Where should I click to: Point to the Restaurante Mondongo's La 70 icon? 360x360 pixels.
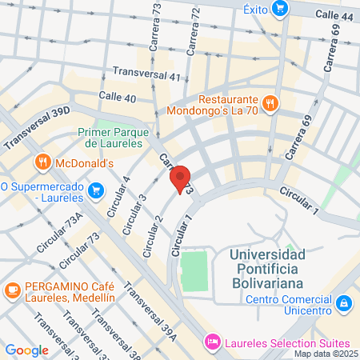[x=270, y=102]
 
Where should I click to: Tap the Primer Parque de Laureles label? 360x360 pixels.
[x=110, y=138]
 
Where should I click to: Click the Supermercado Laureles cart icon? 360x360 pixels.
[x=96, y=190]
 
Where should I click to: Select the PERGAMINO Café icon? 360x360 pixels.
[x=12, y=289]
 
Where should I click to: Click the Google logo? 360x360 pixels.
[x=26, y=350]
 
